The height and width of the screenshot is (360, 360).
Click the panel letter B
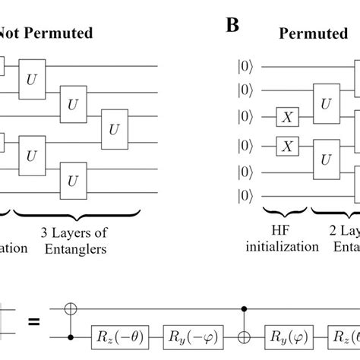[234, 27]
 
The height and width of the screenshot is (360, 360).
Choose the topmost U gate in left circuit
[32, 78]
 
